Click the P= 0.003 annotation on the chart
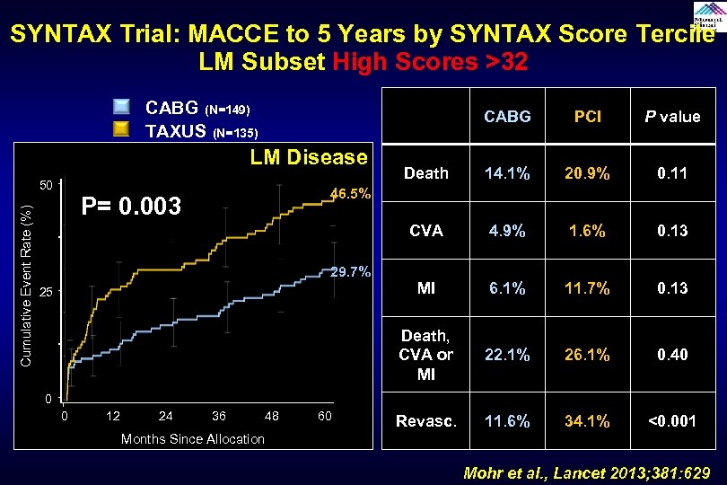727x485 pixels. (x=132, y=207)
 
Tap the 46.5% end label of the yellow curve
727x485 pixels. (x=351, y=194)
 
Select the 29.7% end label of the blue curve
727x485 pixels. (x=351, y=272)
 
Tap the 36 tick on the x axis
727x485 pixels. (x=218, y=416)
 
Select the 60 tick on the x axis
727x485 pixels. (x=325, y=416)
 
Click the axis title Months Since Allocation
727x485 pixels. (x=193, y=438)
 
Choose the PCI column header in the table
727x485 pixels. (x=588, y=117)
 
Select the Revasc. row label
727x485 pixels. (x=425, y=420)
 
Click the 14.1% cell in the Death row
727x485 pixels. (x=506, y=174)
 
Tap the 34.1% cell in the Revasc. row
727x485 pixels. (x=588, y=420)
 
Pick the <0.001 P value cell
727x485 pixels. (x=671, y=420)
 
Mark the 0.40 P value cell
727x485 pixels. (x=671, y=355)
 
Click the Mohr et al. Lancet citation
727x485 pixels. (x=587, y=472)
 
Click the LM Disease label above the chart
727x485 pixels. (x=308, y=157)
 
